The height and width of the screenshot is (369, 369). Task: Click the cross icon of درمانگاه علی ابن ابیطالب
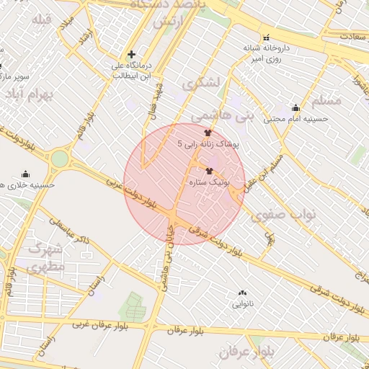tap(131, 54)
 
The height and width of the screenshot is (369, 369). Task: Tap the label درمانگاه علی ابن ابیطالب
tap(130, 69)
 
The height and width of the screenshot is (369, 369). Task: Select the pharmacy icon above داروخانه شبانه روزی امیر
tap(266, 37)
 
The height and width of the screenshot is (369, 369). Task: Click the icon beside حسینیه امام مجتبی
tap(295, 107)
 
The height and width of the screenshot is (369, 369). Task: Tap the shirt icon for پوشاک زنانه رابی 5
tap(208, 133)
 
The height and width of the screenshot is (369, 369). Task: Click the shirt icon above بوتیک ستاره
tap(210, 172)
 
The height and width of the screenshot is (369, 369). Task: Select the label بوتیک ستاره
tap(208, 183)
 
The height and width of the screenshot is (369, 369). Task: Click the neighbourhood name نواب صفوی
tap(293, 214)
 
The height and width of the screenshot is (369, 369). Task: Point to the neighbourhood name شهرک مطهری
tap(47, 257)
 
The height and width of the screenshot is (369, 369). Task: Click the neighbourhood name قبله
tap(42, 19)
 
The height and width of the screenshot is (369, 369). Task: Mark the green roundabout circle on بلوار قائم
tap(60, 158)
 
